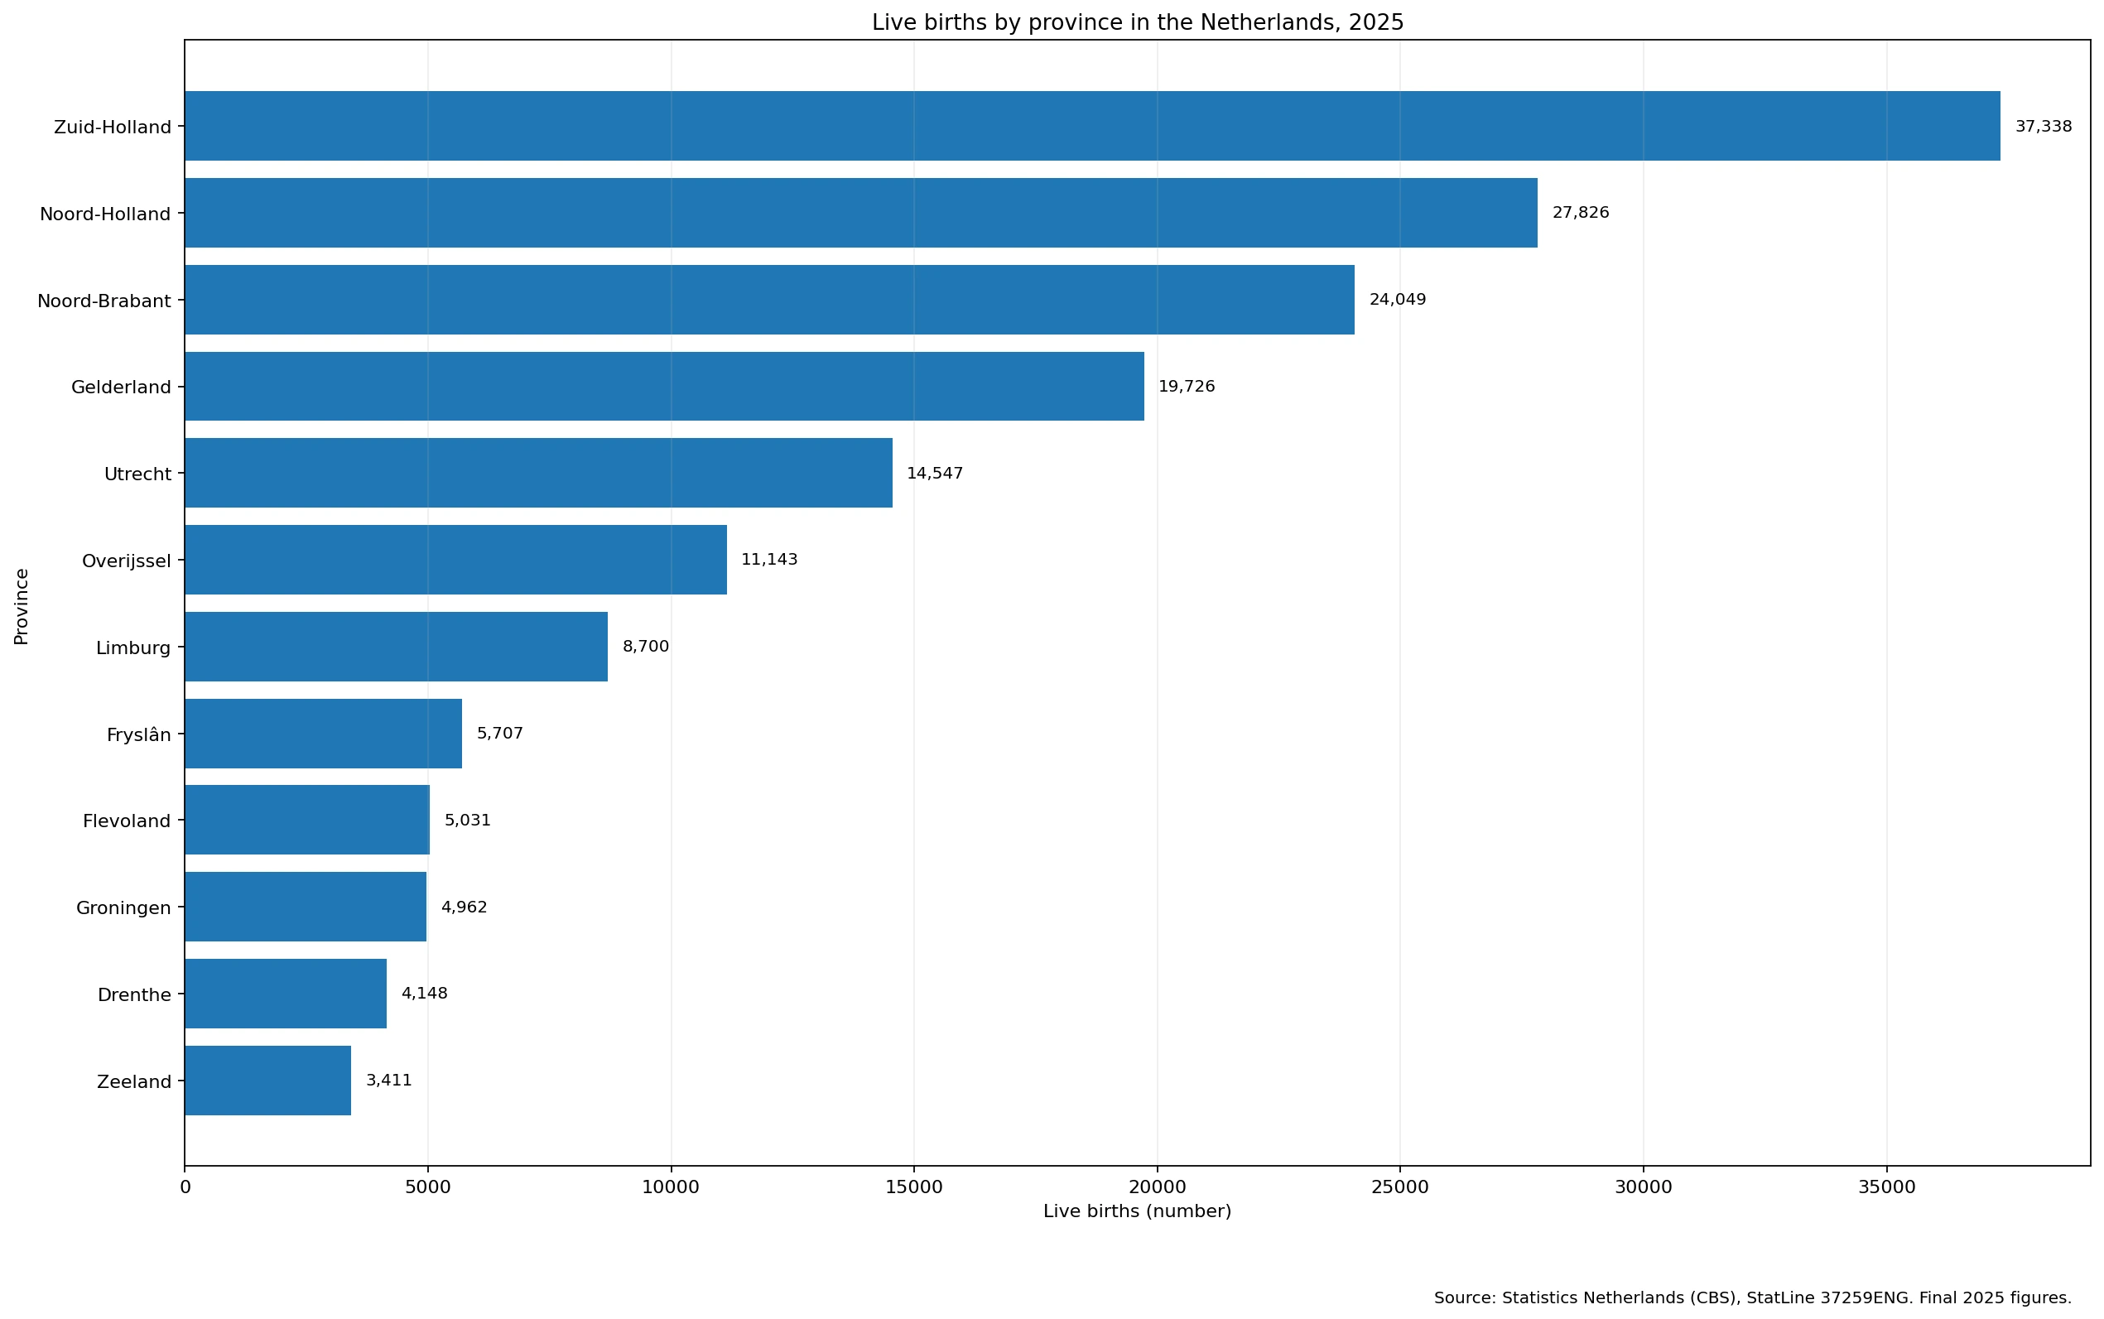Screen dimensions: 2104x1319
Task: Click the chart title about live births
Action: click(1138, 22)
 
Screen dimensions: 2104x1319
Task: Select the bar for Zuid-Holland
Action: click(1092, 126)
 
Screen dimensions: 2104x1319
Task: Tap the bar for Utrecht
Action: click(538, 473)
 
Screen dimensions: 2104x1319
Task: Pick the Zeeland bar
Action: click(267, 1081)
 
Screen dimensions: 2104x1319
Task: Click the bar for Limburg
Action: click(396, 647)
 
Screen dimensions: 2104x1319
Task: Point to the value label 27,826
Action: click(1581, 213)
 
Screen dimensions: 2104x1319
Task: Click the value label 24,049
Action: click(1398, 300)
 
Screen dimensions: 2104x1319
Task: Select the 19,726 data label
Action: click(1187, 387)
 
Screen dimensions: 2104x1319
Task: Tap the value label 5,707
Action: click(500, 734)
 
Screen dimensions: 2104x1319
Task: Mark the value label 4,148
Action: click(424, 994)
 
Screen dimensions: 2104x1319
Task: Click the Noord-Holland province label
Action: click(105, 214)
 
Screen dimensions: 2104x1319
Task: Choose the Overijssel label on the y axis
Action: click(127, 561)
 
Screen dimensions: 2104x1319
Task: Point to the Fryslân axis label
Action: click(139, 734)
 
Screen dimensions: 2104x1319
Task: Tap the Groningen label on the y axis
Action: click(124, 908)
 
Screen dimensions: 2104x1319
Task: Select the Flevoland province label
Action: click(128, 821)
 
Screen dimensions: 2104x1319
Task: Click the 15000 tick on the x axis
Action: click(913, 1187)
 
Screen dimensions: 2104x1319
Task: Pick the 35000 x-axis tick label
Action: click(1887, 1187)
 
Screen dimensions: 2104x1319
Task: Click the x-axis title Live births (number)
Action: click(1138, 1211)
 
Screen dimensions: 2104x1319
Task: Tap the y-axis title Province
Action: click(22, 606)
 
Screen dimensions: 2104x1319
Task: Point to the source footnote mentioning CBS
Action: click(1752, 1298)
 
